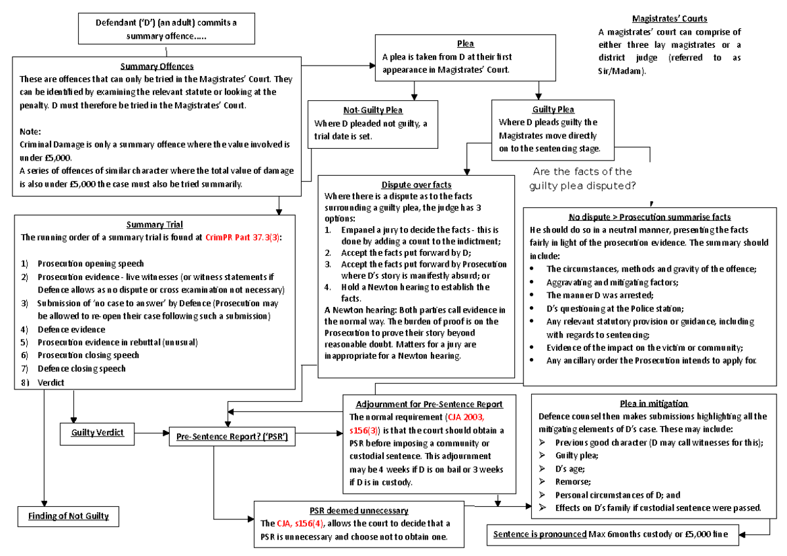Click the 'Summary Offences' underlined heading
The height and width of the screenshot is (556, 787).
(157, 66)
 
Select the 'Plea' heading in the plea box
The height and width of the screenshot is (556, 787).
(465, 43)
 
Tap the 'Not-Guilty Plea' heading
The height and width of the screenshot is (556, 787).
(373, 110)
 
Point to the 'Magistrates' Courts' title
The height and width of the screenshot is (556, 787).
(670, 18)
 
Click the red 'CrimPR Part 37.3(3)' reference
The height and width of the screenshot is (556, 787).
(243, 237)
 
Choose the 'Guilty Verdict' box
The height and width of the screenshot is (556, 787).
(97, 434)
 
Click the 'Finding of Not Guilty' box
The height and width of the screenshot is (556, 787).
(68, 516)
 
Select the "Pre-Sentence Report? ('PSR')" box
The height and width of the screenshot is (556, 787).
(232, 437)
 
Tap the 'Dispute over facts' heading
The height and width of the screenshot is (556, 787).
(416, 185)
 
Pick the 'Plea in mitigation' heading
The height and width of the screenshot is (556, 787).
(654, 404)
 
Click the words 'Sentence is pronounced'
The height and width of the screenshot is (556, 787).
(540, 534)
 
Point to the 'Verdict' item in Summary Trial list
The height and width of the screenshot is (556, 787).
(50, 382)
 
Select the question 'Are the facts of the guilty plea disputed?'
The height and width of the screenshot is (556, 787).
(582, 178)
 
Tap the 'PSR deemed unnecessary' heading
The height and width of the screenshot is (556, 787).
(359, 510)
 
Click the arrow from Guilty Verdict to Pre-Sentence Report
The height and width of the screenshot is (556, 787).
(151, 433)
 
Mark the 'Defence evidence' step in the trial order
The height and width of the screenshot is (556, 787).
(71, 329)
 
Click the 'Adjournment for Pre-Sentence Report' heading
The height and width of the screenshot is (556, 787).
(429, 405)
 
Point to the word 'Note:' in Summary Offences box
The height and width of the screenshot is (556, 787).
(30, 132)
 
